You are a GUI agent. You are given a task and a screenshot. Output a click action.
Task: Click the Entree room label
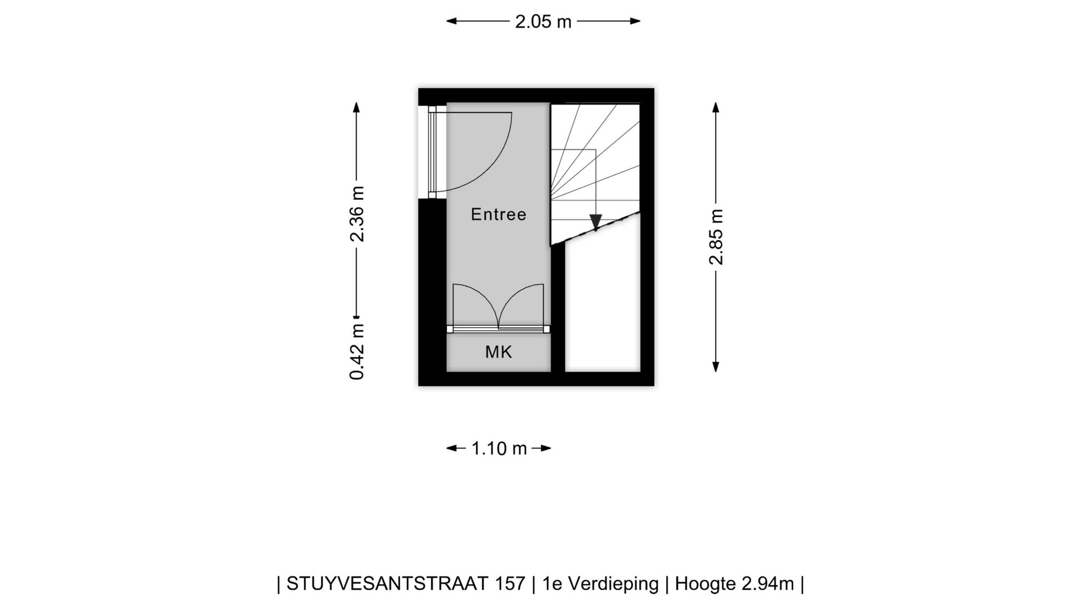(498, 214)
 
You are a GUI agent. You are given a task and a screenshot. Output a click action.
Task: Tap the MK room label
(498, 352)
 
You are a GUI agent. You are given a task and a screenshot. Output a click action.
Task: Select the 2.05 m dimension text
(543, 22)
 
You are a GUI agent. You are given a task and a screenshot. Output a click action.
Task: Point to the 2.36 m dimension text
(357, 214)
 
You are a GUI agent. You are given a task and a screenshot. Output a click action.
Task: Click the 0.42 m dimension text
(357, 352)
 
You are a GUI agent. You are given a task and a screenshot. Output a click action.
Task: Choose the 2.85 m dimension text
(716, 236)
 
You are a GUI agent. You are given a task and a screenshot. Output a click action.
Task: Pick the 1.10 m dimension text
(499, 449)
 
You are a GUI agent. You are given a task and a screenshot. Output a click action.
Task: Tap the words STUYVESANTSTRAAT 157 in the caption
(405, 584)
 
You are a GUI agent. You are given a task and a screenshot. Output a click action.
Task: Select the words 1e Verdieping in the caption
(600, 584)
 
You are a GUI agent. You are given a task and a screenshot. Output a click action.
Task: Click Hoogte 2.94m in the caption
(734, 584)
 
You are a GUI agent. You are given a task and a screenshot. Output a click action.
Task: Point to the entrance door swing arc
(495, 163)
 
